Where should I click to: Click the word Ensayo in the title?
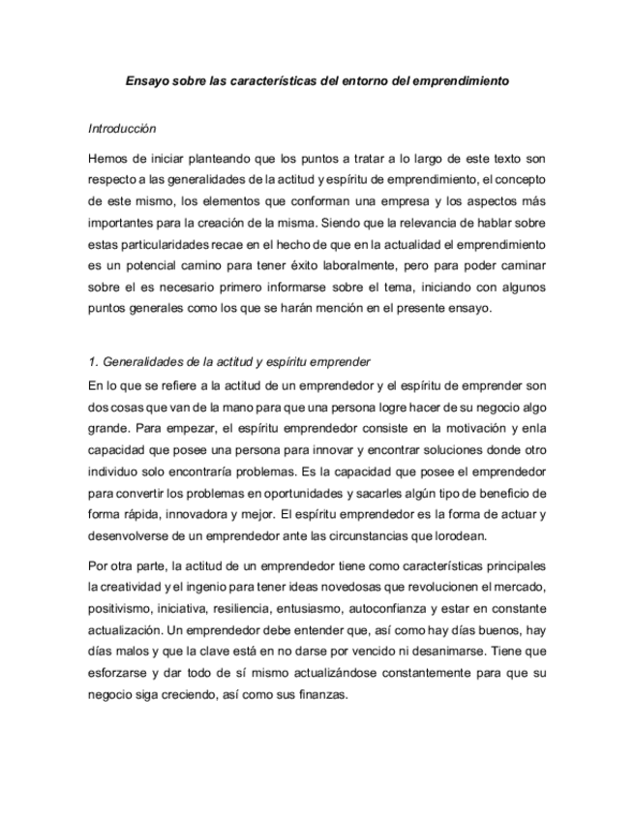pos(147,82)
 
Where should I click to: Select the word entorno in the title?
pos(364,82)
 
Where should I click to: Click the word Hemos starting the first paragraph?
pos(107,157)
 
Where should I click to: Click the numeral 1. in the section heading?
pos(93,362)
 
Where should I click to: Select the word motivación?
pos(447,426)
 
